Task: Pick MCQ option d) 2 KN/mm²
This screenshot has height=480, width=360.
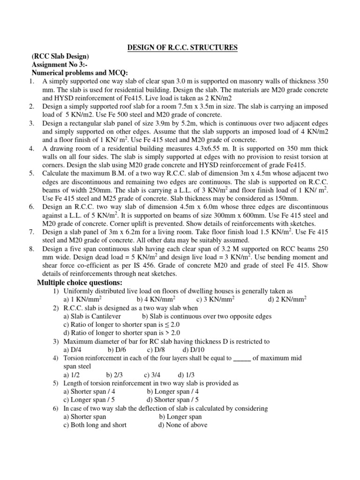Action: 287,299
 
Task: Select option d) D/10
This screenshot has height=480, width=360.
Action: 194,350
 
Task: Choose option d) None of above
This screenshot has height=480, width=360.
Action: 183,425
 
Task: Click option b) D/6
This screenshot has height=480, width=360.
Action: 117,350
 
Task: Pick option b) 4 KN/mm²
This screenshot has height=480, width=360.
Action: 156,299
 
